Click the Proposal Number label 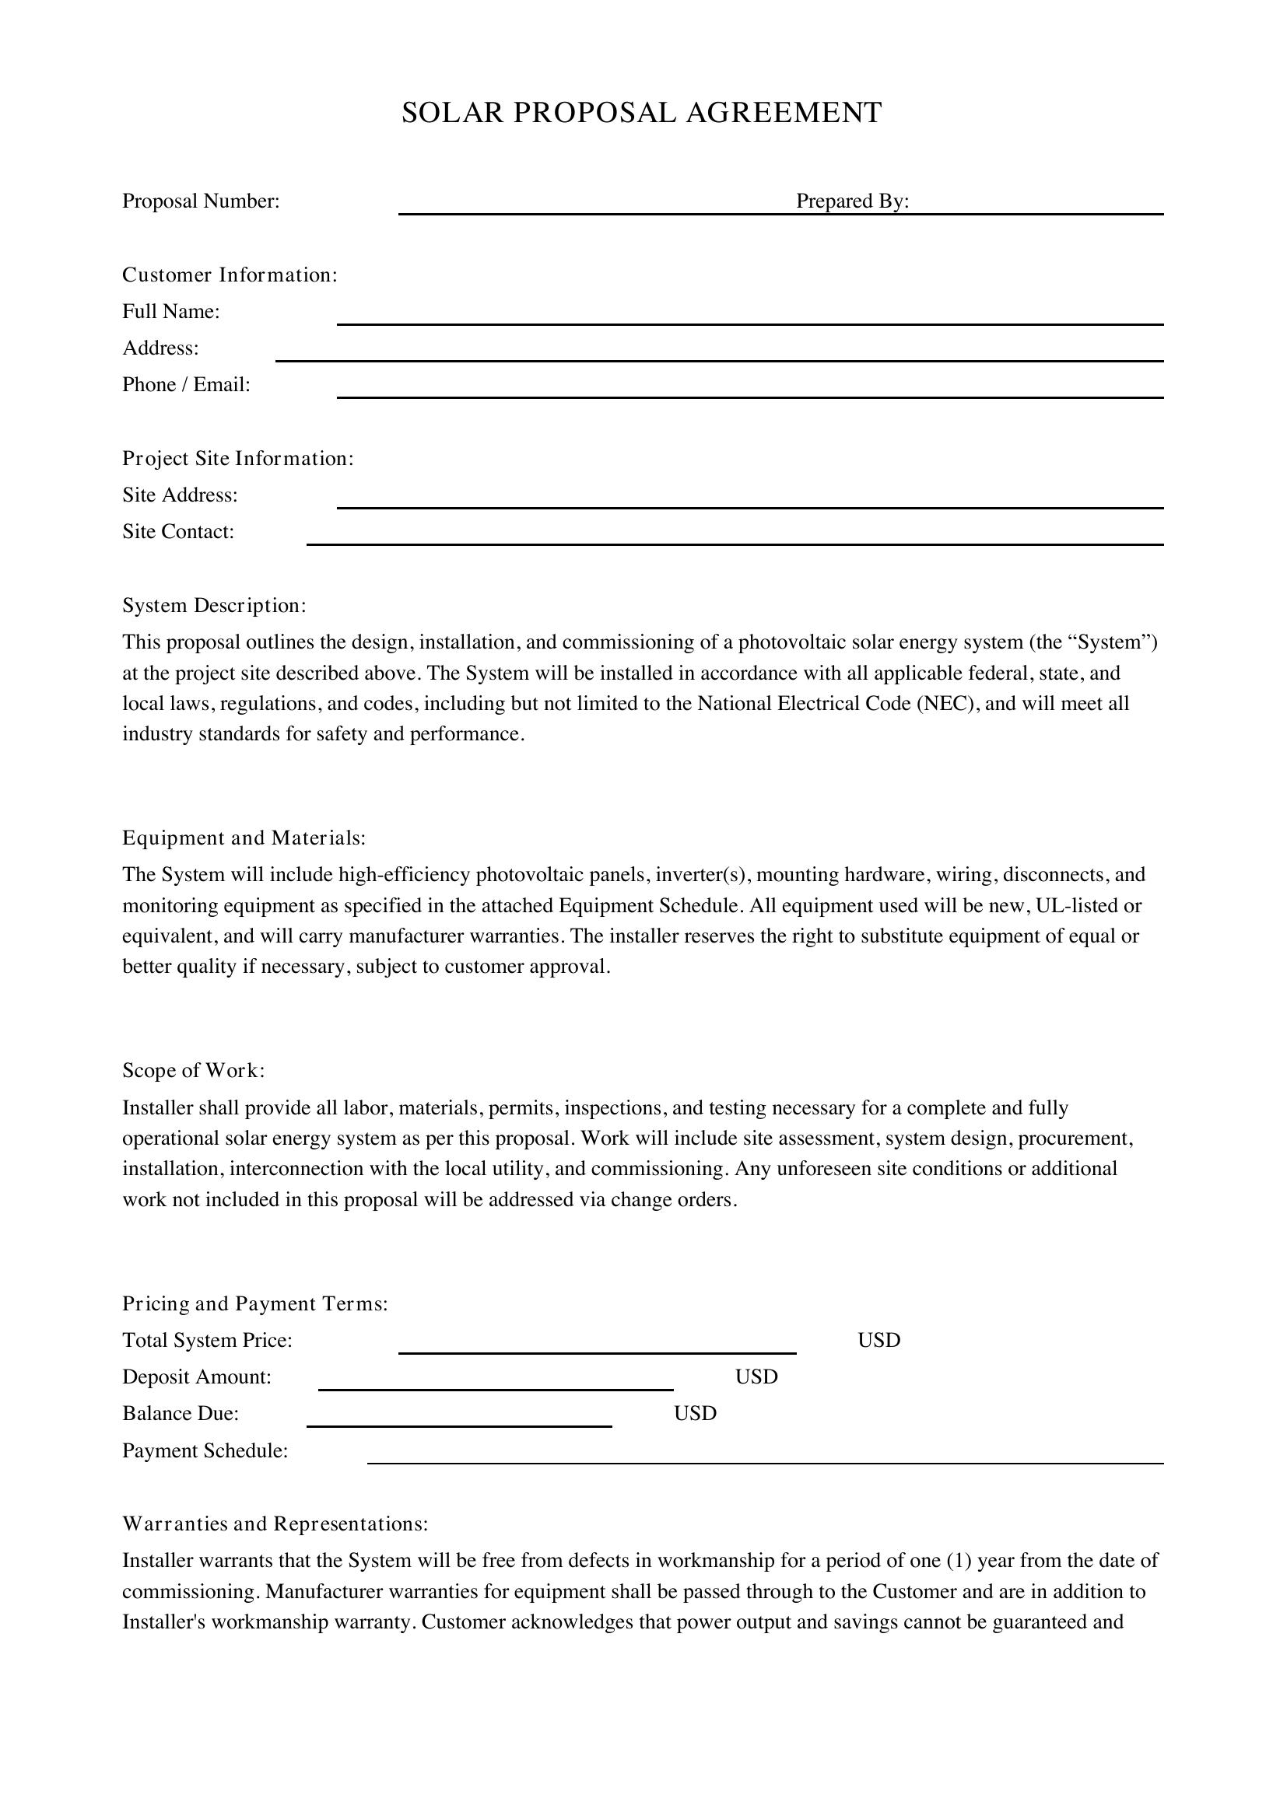[x=201, y=201]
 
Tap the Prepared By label [x=852, y=201]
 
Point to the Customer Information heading [x=230, y=275]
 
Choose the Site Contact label [x=178, y=532]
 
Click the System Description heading [x=214, y=605]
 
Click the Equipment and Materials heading [x=244, y=838]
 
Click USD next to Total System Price [x=878, y=1341]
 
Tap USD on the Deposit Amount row [x=756, y=1377]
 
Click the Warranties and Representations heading [x=275, y=1523]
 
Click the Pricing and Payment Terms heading [x=255, y=1303]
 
